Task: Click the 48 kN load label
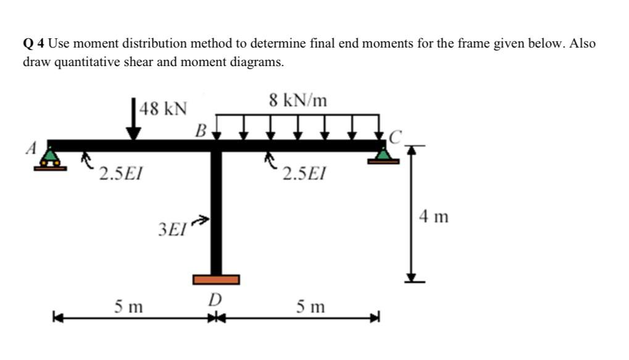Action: (164, 109)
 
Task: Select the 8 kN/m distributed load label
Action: (299, 100)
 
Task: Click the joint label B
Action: (200, 130)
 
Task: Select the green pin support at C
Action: (384, 155)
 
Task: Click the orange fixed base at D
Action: (215, 280)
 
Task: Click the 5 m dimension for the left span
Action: (128, 306)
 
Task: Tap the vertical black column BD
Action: (216, 210)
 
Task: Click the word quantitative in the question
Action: (86, 62)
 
